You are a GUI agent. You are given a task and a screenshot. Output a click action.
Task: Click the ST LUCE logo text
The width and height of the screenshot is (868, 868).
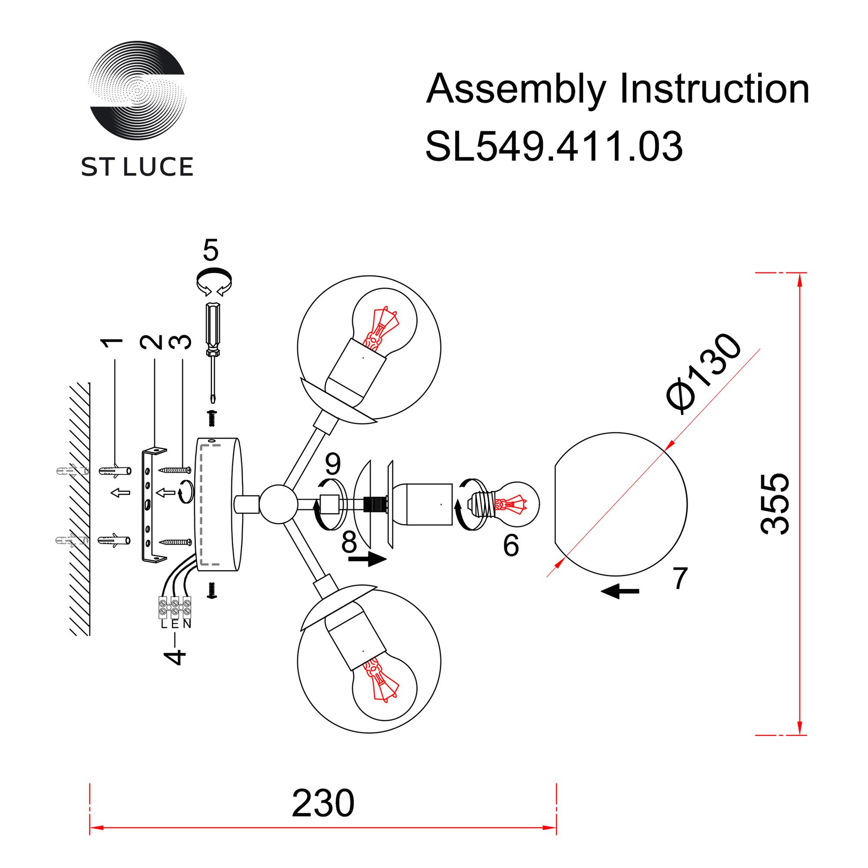[137, 167]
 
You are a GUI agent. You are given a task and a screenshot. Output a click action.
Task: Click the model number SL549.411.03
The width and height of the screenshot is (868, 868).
[553, 147]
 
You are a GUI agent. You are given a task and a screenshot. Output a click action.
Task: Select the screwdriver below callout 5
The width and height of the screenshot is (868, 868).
[213, 350]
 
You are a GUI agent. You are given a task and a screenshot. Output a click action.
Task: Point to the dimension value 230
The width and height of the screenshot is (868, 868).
[322, 803]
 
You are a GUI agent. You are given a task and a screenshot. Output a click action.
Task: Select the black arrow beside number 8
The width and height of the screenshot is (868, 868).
[368, 559]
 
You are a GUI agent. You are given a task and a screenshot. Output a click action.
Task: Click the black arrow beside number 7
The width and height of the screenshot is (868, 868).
[620, 592]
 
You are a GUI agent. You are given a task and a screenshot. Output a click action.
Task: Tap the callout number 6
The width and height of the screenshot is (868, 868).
[511, 546]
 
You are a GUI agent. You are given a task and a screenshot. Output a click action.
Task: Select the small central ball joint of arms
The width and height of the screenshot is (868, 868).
[279, 504]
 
